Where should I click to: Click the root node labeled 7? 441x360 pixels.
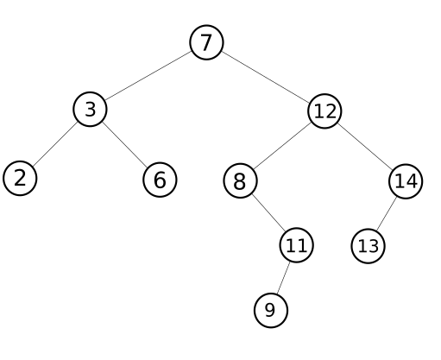pyautogui.click(x=206, y=42)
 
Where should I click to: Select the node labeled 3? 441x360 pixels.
pyautogui.click(x=90, y=109)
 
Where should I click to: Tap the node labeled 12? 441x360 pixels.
pyautogui.click(x=324, y=111)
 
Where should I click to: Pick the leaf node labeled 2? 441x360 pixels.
pyautogui.click(x=20, y=178)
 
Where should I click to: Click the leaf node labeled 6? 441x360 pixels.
pyautogui.click(x=160, y=180)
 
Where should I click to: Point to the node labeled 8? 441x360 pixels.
pyautogui.click(x=240, y=180)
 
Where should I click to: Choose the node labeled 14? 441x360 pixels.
pyautogui.click(x=406, y=181)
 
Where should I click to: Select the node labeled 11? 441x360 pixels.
pyautogui.click(x=296, y=245)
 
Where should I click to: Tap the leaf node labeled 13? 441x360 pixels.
pyautogui.click(x=368, y=246)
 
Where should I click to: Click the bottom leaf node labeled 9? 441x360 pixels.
pyautogui.click(x=271, y=310)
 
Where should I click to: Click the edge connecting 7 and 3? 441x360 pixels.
pyautogui.click(x=148, y=76)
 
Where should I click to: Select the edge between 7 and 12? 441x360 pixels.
pyautogui.click(x=266, y=77)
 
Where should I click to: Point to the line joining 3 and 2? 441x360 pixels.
pyautogui.click(x=55, y=144)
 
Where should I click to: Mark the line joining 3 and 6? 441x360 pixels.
pyautogui.click(x=125, y=144)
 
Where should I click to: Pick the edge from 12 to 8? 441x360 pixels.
pyautogui.click(x=282, y=146)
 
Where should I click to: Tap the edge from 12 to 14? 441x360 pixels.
pyautogui.click(x=365, y=146)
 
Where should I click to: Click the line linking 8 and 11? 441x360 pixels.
pyautogui.click(x=268, y=213)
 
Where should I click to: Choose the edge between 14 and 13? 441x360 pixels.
pyautogui.click(x=387, y=214)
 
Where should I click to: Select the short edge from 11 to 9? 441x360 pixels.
pyautogui.click(x=283, y=278)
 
